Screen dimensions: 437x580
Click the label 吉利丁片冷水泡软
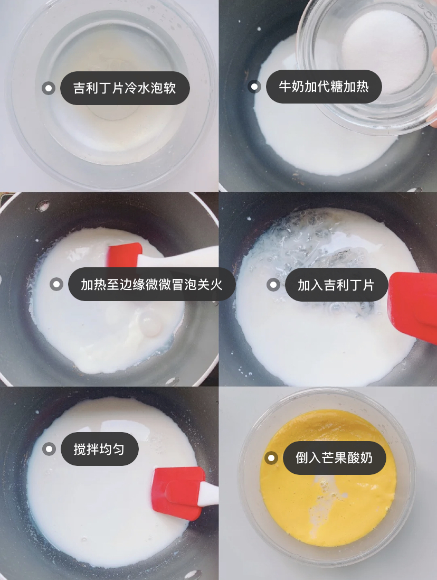(x=125, y=88)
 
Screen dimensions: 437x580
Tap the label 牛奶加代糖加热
(x=324, y=87)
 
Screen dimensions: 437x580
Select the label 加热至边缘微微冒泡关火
(x=151, y=284)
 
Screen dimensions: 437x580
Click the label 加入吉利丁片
(x=336, y=285)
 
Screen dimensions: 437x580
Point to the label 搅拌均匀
(x=99, y=449)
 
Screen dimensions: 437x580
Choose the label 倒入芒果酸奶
(x=334, y=458)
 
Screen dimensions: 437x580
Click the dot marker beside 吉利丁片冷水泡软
(x=49, y=88)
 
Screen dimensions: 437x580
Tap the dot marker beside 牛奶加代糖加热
(x=254, y=87)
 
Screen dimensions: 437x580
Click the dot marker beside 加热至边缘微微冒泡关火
(x=56, y=284)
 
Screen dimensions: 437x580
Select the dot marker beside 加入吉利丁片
(x=273, y=285)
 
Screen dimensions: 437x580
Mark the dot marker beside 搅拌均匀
(x=49, y=449)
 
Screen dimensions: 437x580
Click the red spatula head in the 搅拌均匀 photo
(x=178, y=493)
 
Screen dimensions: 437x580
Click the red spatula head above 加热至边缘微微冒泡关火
(x=124, y=255)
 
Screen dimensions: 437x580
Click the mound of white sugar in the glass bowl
(x=383, y=50)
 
